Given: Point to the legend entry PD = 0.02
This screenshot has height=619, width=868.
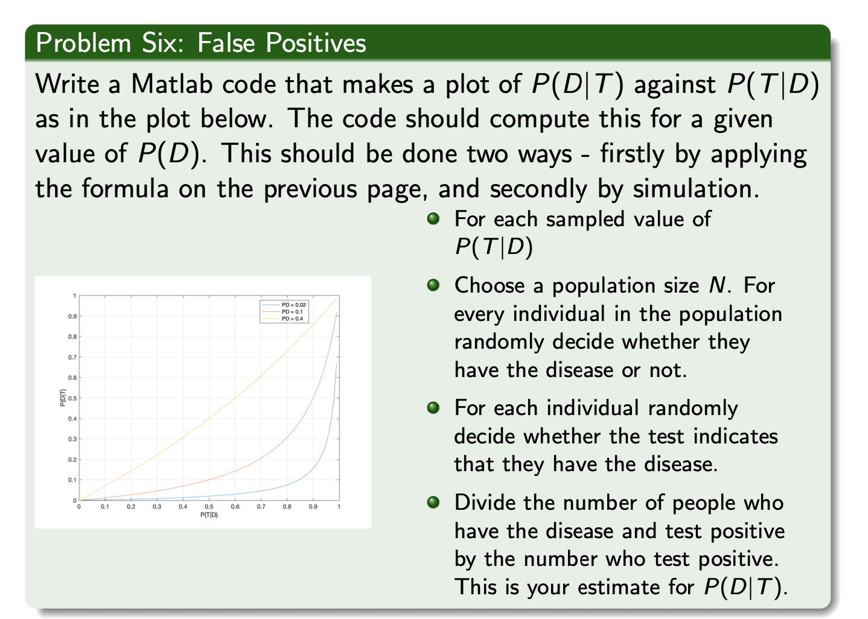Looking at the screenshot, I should click(x=294, y=305).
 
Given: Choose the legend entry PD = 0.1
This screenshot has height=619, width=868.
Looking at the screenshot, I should click(x=292, y=312).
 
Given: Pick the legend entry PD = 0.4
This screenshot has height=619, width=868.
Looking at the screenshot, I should click(x=292, y=319).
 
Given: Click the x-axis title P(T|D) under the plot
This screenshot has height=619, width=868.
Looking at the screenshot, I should click(x=209, y=515).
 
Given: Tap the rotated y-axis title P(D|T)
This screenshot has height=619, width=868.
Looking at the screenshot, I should click(x=63, y=398).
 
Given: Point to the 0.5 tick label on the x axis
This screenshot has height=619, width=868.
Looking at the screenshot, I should click(x=209, y=507).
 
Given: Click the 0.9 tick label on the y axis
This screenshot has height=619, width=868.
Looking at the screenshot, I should click(x=72, y=316).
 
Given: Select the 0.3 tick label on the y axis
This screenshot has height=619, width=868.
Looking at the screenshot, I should click(x=72, y=439).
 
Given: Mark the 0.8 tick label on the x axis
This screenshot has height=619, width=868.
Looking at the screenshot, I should click(x=287, y=507).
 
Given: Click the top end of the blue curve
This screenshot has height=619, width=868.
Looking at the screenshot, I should click(x=336, y=364).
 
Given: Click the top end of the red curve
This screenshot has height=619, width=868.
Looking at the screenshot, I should click(x=336, y=313).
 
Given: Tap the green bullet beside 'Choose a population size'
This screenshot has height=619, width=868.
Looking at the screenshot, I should click(x=432, y=285).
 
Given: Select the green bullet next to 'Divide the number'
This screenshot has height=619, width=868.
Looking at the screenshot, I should click(x=432, y=502).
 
